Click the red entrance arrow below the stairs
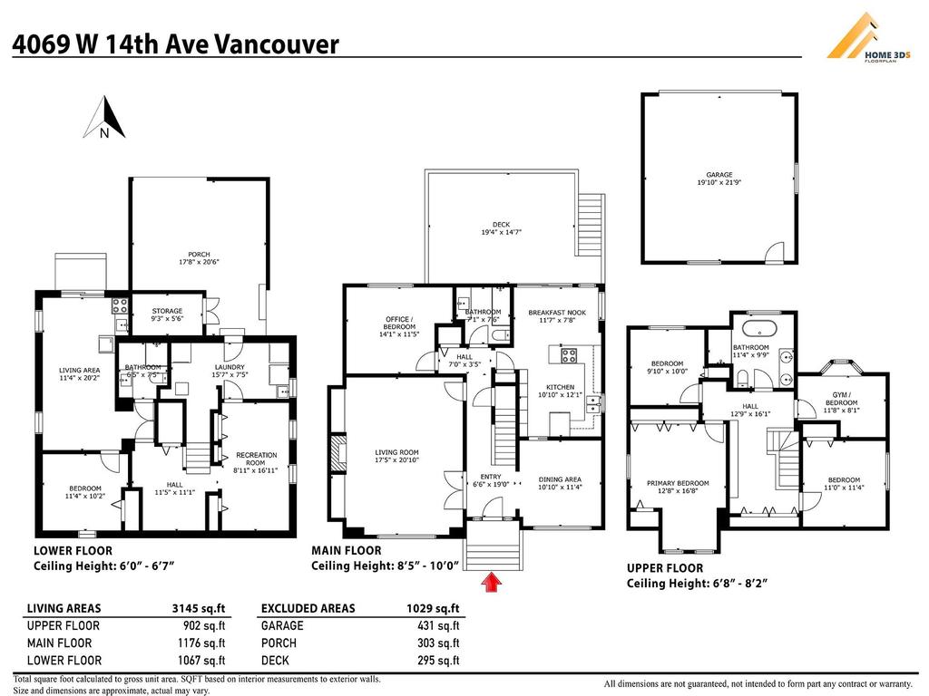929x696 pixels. (x=493, y=582)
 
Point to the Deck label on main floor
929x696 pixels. (x=501, y=227)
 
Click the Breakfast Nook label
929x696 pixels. (x=557, y=316)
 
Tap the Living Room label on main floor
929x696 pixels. (x=396, y=456)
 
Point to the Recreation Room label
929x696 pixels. (x=256, y=462)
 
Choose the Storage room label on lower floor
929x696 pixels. (x=166, y=314)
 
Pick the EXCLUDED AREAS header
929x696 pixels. (x=308, y=608)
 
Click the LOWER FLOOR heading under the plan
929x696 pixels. (x=73, y=550)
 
